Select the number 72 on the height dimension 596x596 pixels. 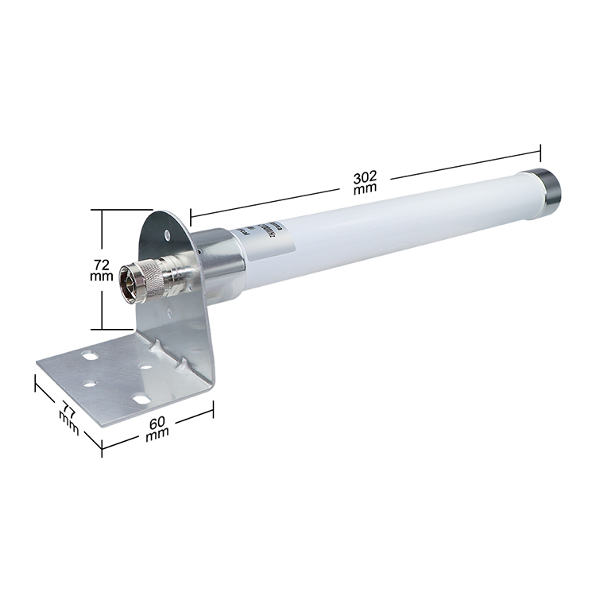pyautogui.click(x=102, y=262)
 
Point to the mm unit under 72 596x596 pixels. pyautogui.click(x=102, y=276)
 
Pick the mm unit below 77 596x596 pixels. pyautogui.click(x=68, y=426)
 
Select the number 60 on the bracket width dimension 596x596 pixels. pyautogui.click(x=158, y=421)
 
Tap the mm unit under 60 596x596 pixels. pyautogui.click(x=157, y=435)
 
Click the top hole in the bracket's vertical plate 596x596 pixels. pyautogui.click(x=168, y=234)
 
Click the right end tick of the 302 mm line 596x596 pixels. pyautogui.click(x=540, y=153)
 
